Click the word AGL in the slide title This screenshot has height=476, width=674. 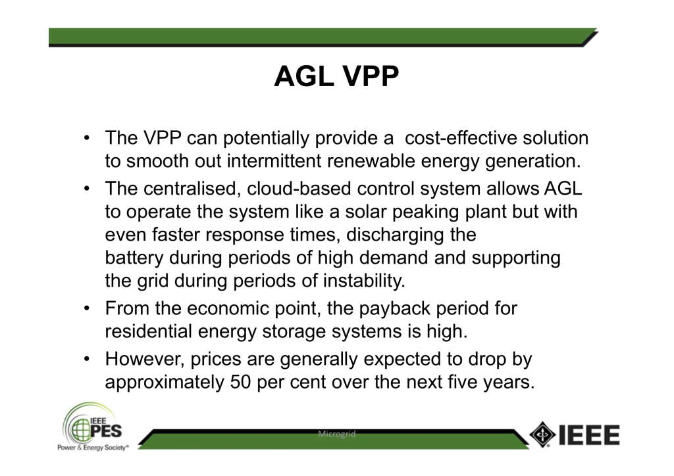tap(304, 76)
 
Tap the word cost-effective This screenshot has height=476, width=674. tap(461, 138)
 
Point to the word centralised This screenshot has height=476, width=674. tap(189, 189)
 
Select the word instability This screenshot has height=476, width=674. tap(364, 281)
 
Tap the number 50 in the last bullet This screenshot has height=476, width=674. tap(240, 382)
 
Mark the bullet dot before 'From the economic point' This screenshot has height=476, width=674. tap(88, 308)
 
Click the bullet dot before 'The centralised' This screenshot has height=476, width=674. tap(88, 189)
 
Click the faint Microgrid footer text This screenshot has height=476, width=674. tap(336, 434)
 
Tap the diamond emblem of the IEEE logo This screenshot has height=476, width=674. tap(542, 435)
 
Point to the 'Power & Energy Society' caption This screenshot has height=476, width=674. tap(92, 448)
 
